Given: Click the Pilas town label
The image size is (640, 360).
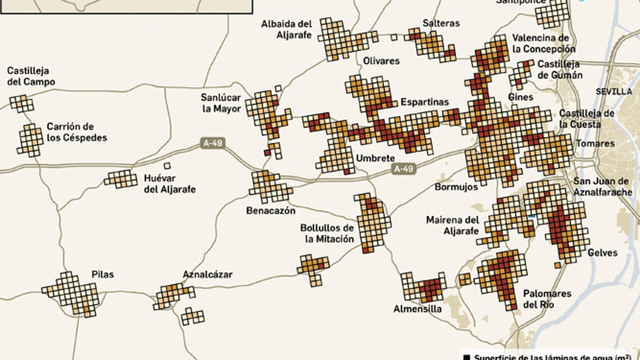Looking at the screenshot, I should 102,274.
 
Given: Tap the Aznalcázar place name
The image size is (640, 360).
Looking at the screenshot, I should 207,275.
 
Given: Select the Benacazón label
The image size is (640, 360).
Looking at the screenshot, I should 270,211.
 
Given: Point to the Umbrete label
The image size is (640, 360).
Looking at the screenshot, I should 375,158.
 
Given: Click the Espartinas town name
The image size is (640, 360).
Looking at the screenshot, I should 424,102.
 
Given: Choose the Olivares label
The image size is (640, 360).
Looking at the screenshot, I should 381,61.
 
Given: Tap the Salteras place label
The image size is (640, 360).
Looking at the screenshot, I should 441,23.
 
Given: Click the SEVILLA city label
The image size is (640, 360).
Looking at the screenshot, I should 614,92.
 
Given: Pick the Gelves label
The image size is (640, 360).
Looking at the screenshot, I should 602,253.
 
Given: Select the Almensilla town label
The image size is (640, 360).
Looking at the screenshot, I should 417,309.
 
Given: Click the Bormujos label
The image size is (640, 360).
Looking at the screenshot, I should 456,187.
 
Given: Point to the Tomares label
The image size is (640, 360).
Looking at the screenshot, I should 595,144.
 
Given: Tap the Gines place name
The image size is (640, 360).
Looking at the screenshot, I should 520,97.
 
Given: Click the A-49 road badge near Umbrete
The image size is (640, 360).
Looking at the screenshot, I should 403,169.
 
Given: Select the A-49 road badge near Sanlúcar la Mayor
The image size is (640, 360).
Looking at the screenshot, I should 212,143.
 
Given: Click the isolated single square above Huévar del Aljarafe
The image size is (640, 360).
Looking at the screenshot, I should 167,166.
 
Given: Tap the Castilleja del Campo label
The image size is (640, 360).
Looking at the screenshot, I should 31,76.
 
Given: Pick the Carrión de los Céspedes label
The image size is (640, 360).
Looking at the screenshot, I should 77,132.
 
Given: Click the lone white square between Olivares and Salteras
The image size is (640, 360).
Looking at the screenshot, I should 394,38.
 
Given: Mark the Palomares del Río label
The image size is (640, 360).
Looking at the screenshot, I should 547,299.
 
